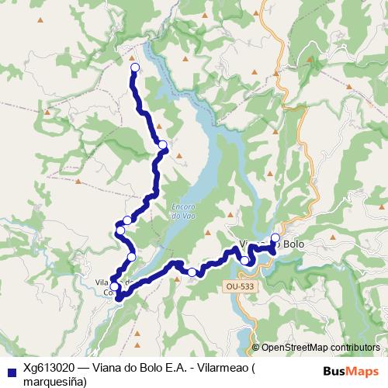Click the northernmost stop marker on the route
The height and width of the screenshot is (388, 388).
click(x=134, y=68)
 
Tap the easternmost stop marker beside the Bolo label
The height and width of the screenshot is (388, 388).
click(x=275, y=237)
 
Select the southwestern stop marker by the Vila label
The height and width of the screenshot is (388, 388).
click(x=115, y=287)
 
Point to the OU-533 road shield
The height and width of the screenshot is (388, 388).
click(x=239, y=286)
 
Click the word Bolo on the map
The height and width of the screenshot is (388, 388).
click(x=294, y=244)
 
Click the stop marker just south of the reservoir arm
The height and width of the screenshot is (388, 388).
click(x=192, y=272)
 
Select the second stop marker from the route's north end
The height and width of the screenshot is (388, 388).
click(x=163, y=145)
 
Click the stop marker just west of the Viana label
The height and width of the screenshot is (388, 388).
click(x=244, y=260)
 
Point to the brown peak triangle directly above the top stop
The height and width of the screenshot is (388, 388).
click(x=132, y=57)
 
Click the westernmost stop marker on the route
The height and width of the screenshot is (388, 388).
click(x=120, y=230)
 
